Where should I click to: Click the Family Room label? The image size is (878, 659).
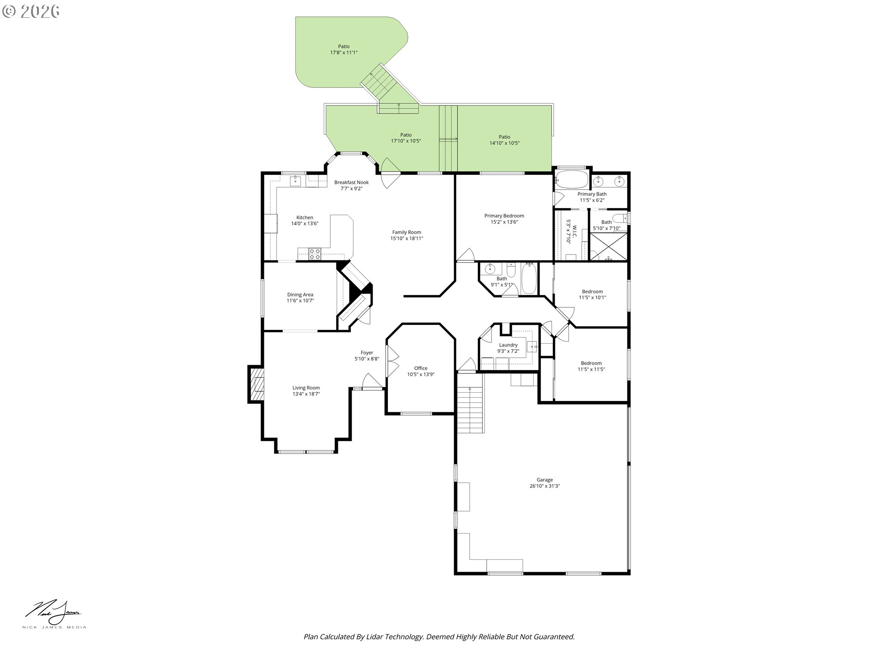click(407, 235)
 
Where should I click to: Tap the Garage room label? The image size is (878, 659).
click(545, 483)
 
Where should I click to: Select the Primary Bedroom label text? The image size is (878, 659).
click(504, 219)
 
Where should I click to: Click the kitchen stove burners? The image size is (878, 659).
click(314, 254)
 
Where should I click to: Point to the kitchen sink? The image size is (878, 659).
click(295, 180)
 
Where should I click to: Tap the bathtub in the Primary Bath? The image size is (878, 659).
click(571, 179)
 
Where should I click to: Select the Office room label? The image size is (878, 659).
click(421, 371)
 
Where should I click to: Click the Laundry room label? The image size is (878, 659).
click(508, 348)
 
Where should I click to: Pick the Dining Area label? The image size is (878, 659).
click(300, 297)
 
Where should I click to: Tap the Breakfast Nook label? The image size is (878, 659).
click(351, 185)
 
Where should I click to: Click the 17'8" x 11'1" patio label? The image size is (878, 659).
click(344, 49)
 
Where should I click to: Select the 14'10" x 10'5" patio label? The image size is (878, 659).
click(504, 140)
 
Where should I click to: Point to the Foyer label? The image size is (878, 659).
click(367, 356)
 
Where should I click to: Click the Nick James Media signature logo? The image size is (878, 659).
click(54, 615)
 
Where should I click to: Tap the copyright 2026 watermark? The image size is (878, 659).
click(31, 11)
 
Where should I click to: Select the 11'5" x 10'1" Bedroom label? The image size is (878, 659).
click(592, 294)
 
